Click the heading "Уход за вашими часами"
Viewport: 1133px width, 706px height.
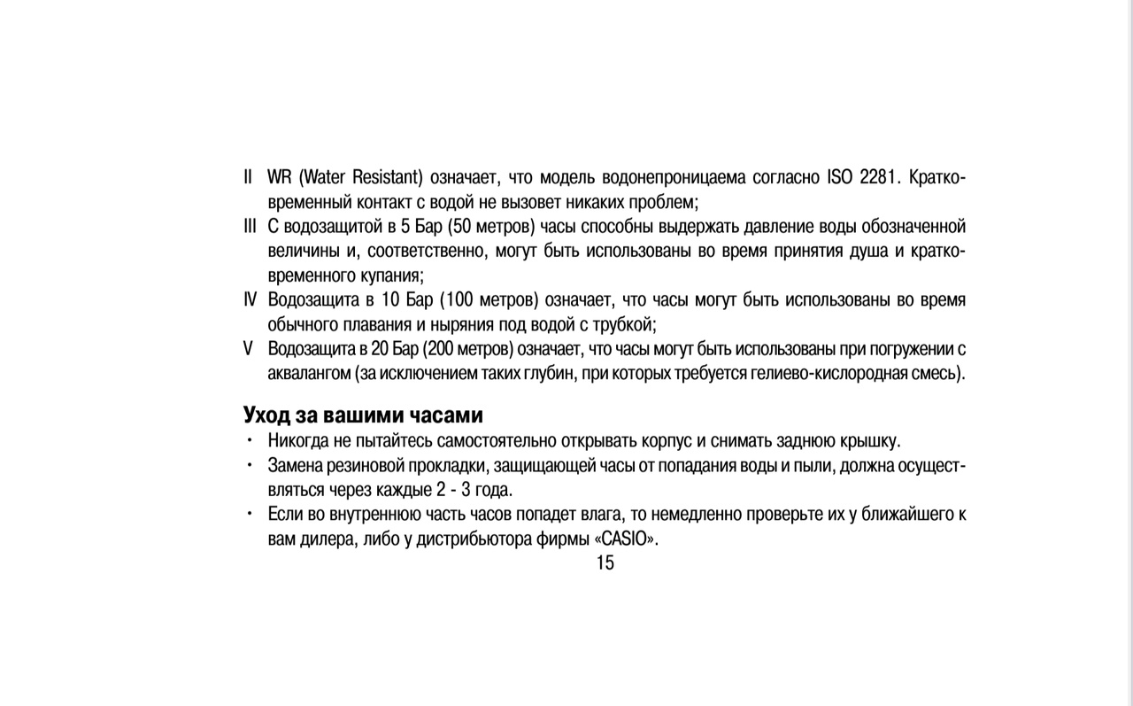pyautogui.click(x=363, y=415)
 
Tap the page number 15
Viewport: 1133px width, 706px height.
pyautogui.click(x=605, y=562)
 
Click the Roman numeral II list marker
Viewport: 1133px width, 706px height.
pyautogui.click(x=249, y=177)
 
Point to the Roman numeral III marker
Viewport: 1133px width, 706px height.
pyautogui.click(x=250, y=226)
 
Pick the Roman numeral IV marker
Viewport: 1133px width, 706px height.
pyautogui.click(x=250, y=299)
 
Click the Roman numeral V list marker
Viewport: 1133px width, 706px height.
pyautogui.click(x=249, y=348)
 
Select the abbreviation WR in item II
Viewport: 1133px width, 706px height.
pyautogui.click(x=280, y=177)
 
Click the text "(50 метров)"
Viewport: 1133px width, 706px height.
pyautogui.click(x=492, y=226)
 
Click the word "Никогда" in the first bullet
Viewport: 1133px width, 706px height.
pyautogui.click(x=297, y=440)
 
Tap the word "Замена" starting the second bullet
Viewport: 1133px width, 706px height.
pyautogui.click(x=296, y=465)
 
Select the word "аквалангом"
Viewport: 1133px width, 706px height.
pyautogui.click(x=309, y=373)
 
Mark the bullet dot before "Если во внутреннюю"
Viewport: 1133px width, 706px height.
pyautogui.click(x=250, y=513)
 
